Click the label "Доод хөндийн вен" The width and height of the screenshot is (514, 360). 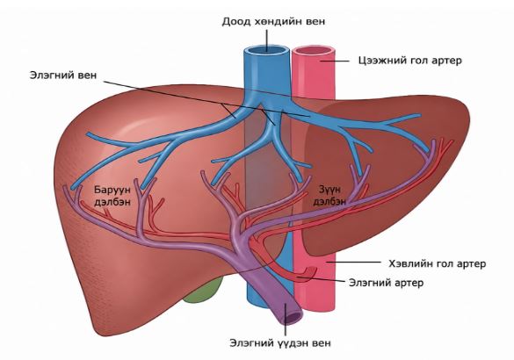point(274,22)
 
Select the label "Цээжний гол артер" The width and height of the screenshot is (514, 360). point(410,61)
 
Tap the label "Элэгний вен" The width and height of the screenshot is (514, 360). point(63,75)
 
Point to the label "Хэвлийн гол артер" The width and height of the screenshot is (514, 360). point(438,263)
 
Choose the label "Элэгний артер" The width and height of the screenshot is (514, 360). point(386,283)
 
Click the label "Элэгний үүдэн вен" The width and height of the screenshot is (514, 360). point(280,343)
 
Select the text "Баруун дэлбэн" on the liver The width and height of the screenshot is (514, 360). point(112,196)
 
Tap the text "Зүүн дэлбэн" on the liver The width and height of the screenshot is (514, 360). point(329,196)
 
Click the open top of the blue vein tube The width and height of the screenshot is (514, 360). point(266,52)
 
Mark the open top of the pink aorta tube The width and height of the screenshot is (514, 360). point(314,52)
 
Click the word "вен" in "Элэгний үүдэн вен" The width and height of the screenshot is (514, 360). point(322,343)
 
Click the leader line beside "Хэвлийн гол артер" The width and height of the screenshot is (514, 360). point(353,262)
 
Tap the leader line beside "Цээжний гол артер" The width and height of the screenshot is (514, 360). point(335,61)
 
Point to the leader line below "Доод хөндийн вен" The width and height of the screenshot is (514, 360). point(266,40)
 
